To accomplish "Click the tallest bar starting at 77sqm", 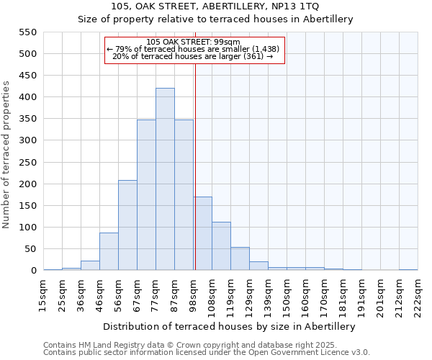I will pos(165,179).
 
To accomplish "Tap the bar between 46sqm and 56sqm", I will pos(109,251).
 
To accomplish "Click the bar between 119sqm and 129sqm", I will pos(240,258).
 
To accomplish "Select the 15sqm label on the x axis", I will pos(42,295).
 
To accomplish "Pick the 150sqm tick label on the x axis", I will pos(286,295).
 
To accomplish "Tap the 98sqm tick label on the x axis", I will pos(192,295).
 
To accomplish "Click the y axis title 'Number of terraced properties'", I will pos(7,155).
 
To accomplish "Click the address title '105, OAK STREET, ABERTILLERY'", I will pos(215,6).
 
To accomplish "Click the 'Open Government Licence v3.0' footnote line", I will pos(207,353).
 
